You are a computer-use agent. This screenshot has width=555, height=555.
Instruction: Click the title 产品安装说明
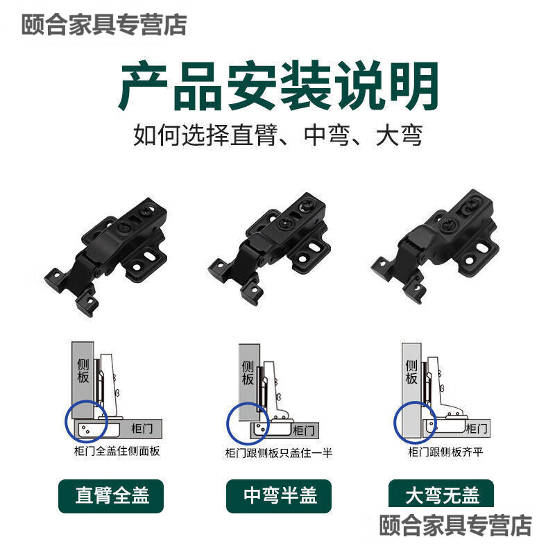(x=277, y=87)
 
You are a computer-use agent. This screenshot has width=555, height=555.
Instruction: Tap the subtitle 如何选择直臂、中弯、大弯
(x=277, y=135)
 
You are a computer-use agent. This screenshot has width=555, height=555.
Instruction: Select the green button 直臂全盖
(x=111, y=496)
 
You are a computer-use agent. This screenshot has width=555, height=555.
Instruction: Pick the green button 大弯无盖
(x=442, y=496)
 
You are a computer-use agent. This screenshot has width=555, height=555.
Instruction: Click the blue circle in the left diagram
(x=87, y=420)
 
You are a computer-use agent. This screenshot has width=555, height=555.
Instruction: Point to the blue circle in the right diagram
(x=414, y=420)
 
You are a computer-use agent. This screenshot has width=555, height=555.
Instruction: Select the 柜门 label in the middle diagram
(x=303, y=430)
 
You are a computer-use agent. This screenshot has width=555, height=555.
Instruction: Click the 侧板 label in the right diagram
(x=411, y=372)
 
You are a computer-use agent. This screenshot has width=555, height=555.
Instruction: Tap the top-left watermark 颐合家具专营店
(x=104, y=25)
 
